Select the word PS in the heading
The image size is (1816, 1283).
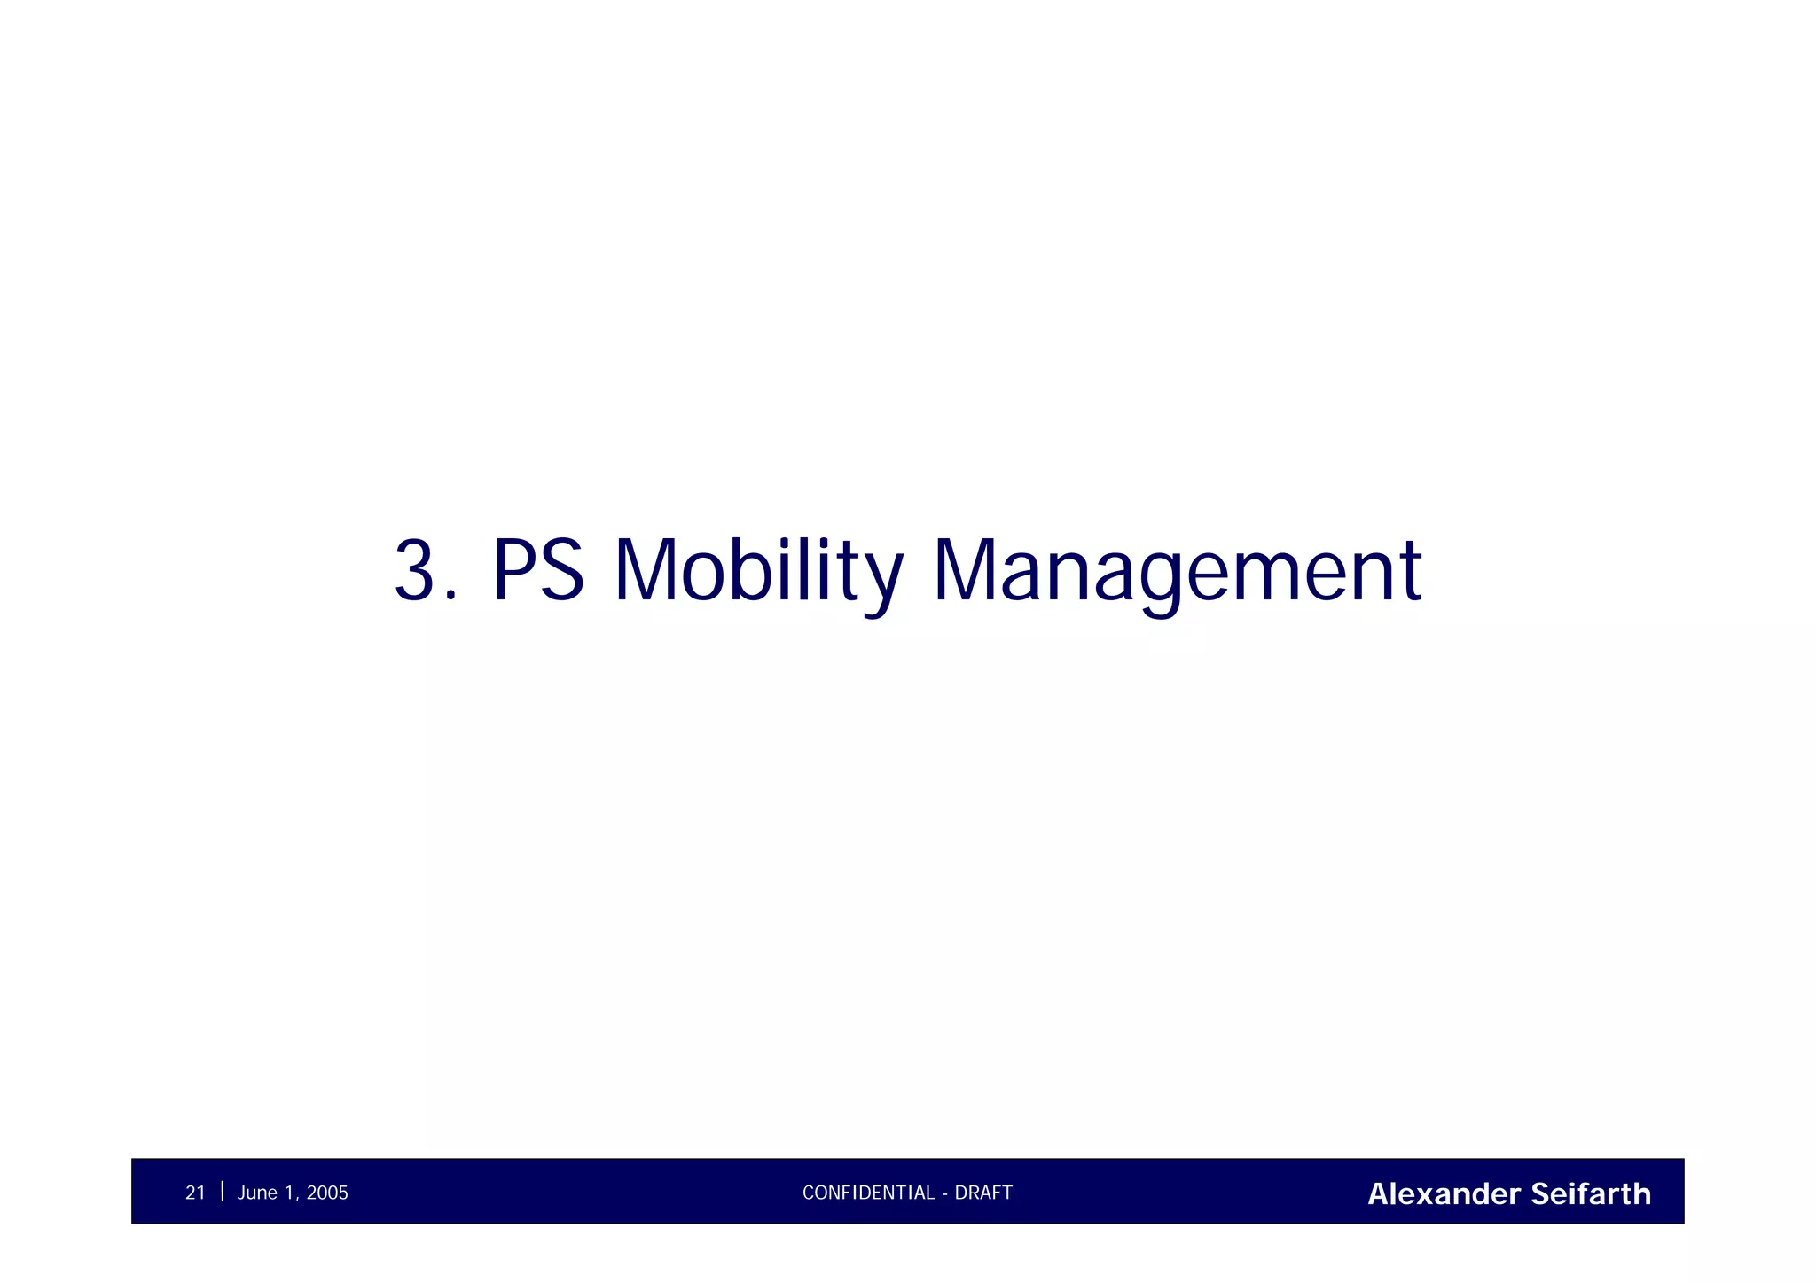[x=538, y=571]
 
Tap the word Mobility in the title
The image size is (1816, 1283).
[x=759, y=571]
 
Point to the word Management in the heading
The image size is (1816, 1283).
[x=1177, y=571]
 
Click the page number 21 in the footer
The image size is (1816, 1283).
[x=195, y=1193]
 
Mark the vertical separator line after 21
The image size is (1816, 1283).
[x=222, y=1192]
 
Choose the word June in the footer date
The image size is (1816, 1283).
[x=257, y=1193]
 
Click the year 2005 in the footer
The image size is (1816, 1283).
[x=327, y=1193]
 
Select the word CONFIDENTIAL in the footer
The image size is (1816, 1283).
[x=868, y=1193]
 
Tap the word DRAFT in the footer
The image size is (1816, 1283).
[x=983, y=1193]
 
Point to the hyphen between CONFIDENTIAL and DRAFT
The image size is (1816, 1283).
[x=945, y=1194]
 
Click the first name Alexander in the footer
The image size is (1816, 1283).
[x=1444, y=1194]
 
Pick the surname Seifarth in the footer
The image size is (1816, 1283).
[x=1591, y=1194]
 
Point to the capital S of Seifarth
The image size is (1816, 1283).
[x=1540, y=1194]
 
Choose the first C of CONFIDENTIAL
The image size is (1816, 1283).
[x=808, y=1193]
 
